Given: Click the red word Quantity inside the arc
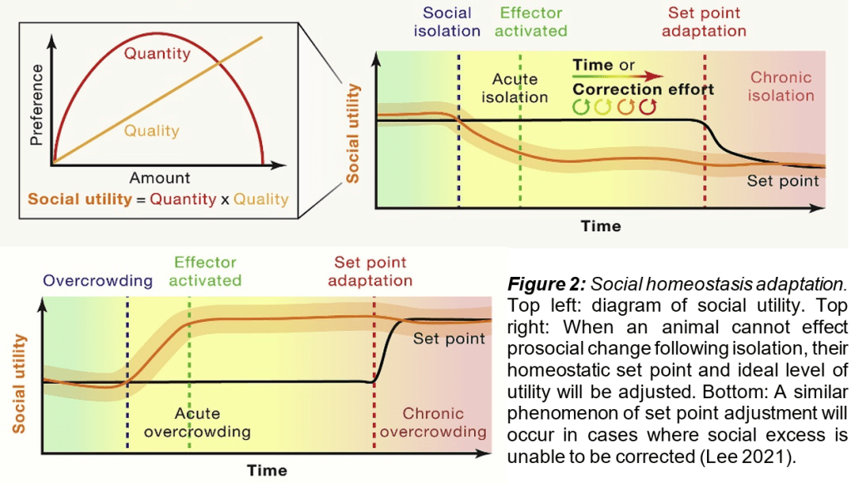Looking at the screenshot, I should pos(157,54).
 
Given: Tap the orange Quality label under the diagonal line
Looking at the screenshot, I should pos(151,130).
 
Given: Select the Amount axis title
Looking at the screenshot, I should pos(160,177).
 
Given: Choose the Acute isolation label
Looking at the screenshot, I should pos(515,88).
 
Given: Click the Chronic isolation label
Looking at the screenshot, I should pos(780,86).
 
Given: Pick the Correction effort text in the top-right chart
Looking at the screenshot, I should pos(643,89).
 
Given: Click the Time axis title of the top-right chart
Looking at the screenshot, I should pos(601,225).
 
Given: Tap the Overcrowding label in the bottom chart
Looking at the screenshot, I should pos(98,280).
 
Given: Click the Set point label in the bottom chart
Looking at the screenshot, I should pos(449,338).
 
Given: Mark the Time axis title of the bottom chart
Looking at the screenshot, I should pos(267,471).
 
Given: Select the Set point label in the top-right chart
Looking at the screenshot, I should pos(783,180).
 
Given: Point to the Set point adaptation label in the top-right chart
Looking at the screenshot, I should pos(705,22).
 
